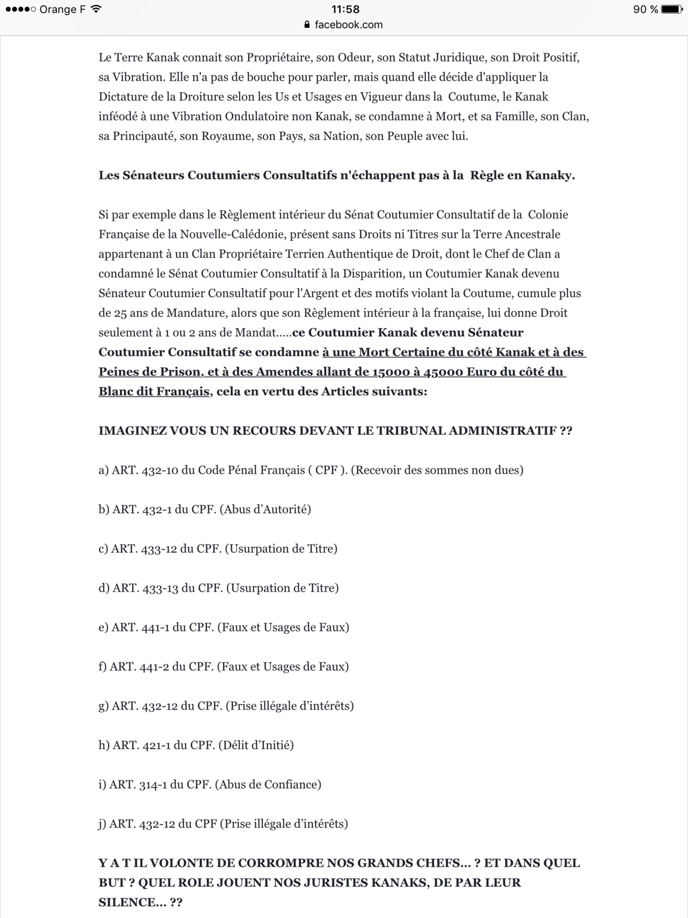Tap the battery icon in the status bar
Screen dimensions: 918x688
pos(671,9)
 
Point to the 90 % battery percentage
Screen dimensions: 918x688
pos(645,9)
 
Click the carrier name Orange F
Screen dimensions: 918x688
pos(62,9)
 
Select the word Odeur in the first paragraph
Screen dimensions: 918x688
pos(354,57)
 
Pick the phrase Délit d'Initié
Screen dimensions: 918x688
pos(256,745)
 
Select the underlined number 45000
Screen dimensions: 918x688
pos(443,372)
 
